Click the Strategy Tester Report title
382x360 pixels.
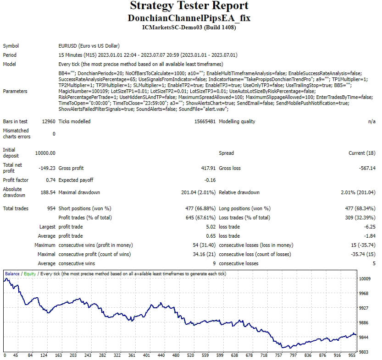click(x=189, y=6)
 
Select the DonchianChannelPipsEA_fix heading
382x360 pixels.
click(x=189, y=18)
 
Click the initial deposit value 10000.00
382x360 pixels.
click(x=45, y=153)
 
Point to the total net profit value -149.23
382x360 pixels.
click(x=47, y=168)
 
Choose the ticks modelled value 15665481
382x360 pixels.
click(x=203, y=121)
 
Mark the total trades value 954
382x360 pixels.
click(x=51, y=208)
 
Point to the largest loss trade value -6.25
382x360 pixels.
click(x=369, y=227)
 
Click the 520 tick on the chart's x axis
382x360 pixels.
click(x=191, y=355)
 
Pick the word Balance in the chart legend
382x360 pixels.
click(x=12, y=274)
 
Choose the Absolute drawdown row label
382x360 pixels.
click(x=15, y=192)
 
